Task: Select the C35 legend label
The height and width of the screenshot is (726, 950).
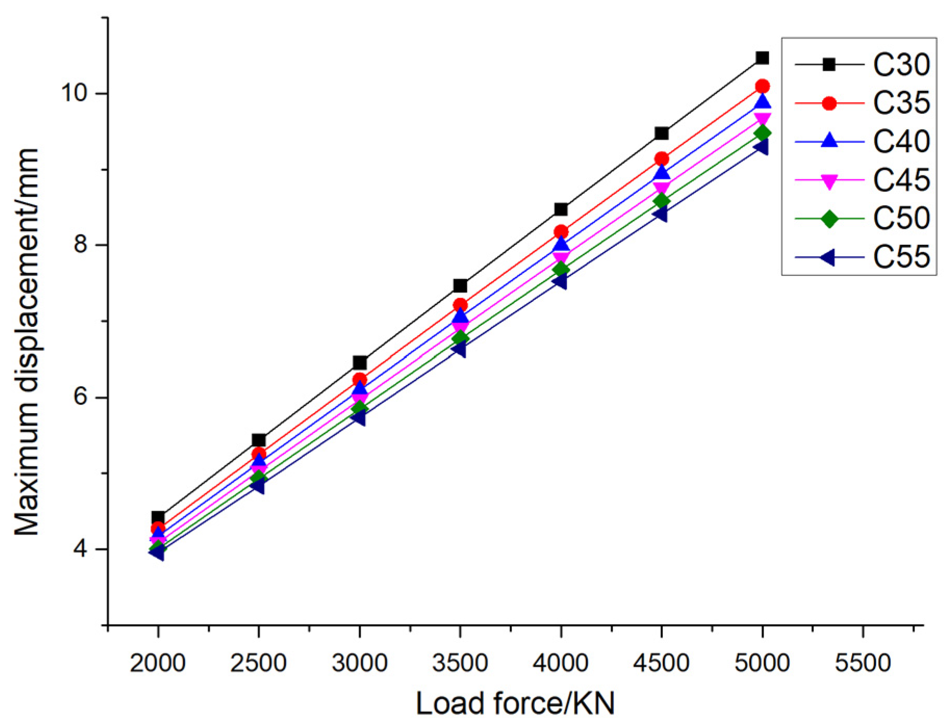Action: (901, 103)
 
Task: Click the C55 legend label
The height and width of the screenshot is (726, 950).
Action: (901, 257)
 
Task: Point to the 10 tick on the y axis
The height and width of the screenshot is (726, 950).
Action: (73, 93)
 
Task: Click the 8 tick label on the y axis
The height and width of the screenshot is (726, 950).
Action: (80, 244)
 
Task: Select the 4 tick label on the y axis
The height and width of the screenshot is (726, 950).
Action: (80, 549)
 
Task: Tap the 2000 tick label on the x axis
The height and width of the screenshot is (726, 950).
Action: (158, 664)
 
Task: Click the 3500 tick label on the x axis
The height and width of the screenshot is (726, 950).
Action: (460, 664)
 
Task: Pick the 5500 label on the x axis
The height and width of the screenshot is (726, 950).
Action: (863, 664)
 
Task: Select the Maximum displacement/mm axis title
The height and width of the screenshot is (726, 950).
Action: (27, 341)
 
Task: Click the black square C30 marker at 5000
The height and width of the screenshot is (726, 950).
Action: (762, 58)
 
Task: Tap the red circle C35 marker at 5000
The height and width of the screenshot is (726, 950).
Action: (762, 86)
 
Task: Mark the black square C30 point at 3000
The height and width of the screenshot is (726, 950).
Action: (360, 363)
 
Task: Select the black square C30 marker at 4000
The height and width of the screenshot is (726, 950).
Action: (561, 209)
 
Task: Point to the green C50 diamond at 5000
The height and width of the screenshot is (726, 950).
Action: (762, 134)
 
